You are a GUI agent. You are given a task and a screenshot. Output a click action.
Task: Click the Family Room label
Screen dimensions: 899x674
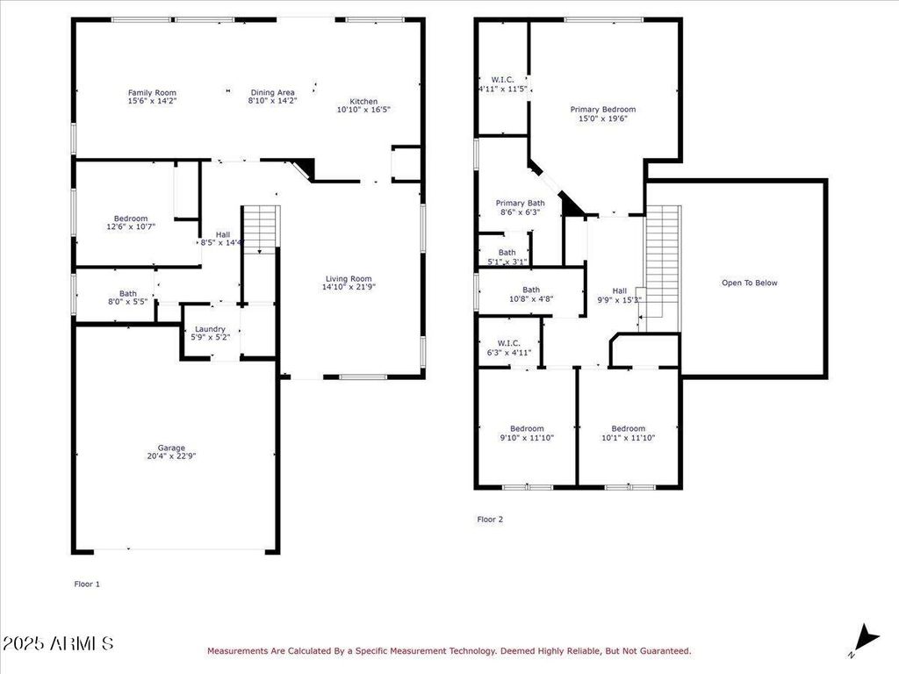(152, 93)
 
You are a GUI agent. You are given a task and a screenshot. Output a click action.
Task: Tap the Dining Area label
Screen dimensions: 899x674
(272, 92)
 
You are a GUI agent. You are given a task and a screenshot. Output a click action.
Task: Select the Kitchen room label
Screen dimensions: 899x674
(363, 102)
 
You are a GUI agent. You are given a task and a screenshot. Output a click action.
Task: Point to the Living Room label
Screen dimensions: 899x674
(349, 278)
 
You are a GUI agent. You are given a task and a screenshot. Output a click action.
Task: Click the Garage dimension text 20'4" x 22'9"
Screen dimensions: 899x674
(171, 456)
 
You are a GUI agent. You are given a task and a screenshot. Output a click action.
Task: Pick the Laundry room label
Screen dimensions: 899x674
(210, 329)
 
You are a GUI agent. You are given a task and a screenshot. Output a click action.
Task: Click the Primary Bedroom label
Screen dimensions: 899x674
(602, 110)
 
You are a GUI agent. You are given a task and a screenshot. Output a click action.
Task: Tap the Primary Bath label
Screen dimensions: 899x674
(520, 203)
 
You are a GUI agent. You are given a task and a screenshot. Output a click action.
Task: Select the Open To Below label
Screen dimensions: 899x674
(750, 283)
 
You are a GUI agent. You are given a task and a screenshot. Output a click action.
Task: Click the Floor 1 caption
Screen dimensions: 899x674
(87, 584)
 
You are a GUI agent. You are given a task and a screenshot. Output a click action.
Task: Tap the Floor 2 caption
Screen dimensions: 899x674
(490, 520)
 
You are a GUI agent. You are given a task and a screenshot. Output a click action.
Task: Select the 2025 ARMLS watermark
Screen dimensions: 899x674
(58, 643)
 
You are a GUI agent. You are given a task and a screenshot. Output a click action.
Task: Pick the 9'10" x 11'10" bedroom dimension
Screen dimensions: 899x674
(527, 438)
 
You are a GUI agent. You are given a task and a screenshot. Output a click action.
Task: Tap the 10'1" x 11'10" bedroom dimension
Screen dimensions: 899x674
(629, 438)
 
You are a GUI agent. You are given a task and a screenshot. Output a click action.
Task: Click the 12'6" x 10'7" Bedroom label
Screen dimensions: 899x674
(131, 222)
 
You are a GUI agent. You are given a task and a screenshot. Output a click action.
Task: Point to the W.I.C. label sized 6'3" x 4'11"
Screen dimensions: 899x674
(509, 348)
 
